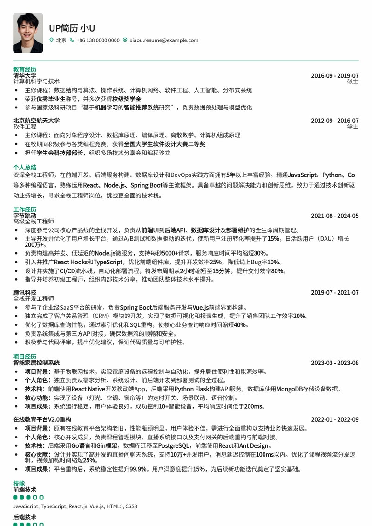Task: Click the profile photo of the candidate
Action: pos(28,33)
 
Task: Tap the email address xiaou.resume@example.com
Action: pos(164,40)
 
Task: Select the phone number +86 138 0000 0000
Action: pos(98,40)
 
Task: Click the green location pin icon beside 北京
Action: pos(52,40)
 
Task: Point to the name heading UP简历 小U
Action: pos(72,28)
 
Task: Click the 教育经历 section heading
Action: pos(24,70)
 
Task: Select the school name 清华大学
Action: pos(24,75)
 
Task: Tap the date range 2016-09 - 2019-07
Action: pos(335,76)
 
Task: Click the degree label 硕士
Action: pos(353,81)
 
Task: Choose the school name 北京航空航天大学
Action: pos(36,121)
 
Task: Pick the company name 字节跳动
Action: pos(24,216)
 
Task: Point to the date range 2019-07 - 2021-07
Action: pos(335,293)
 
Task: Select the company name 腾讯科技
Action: pos(24,293)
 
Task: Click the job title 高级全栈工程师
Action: pos(34,222)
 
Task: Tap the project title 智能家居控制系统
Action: pos(36,363)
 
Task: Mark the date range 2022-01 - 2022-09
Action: pos(335,420)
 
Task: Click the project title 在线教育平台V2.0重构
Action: pos(42,420)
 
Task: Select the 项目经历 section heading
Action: pos(24,357)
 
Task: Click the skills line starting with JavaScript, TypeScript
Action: pos(75,506)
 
